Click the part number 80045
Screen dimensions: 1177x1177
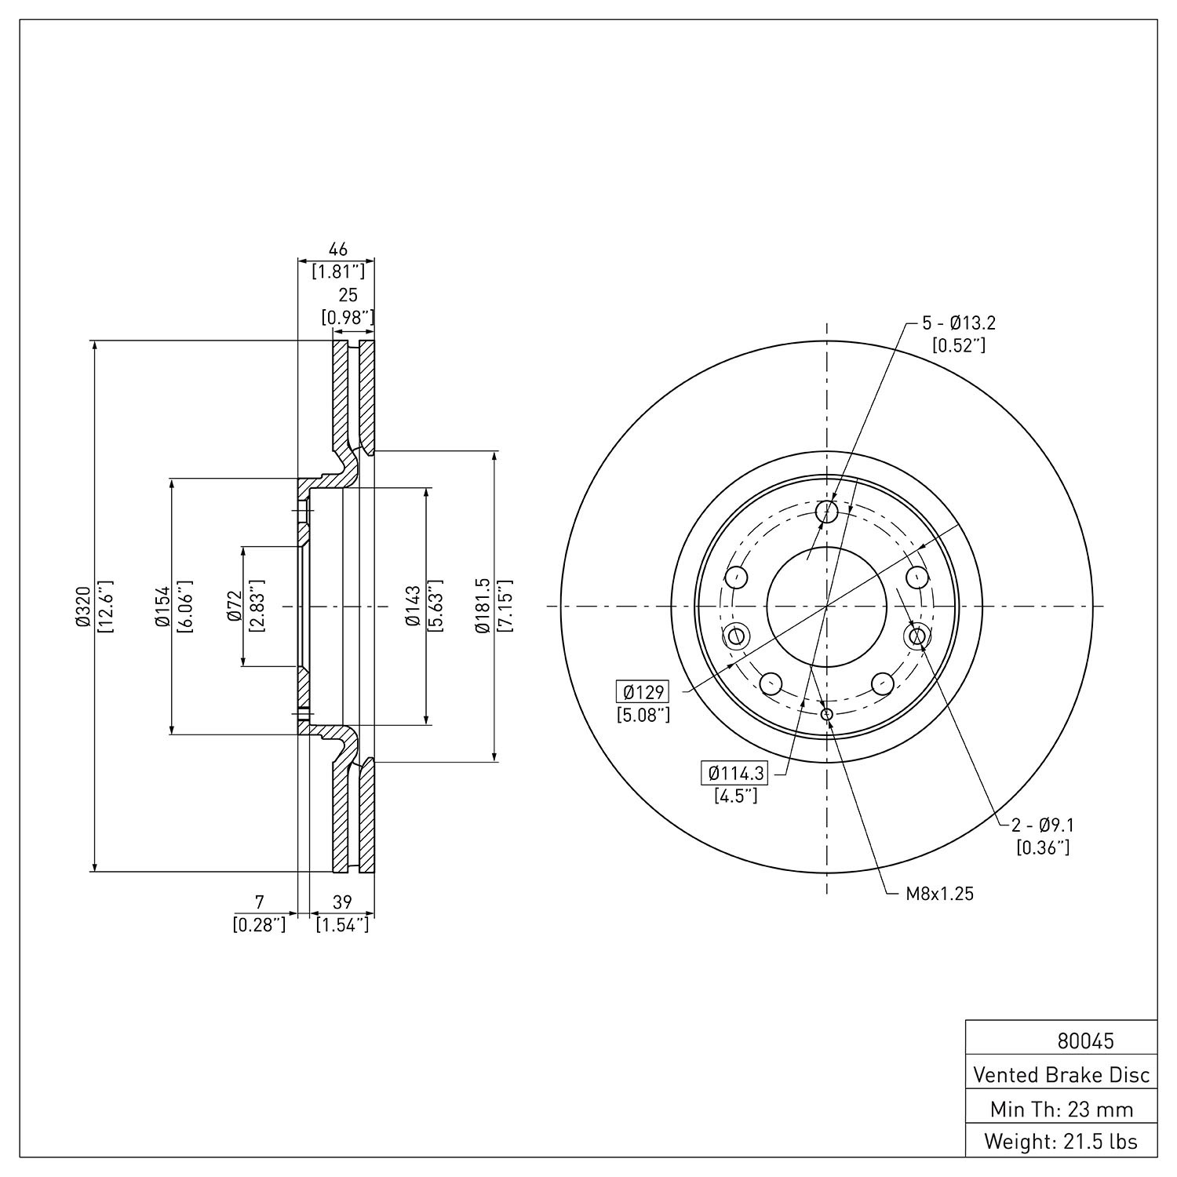pyautogui.click(x=1085, y=1040)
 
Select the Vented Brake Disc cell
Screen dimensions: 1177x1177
pyautogui.click(x=1062, y=1074)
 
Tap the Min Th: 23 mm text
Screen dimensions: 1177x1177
pyautogui.click(x=1062, y=1109)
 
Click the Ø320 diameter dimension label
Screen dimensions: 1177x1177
pyautogui.click(x=84, y=606)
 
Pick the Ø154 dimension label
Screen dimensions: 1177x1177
pyautogui.click(x=162, y=607)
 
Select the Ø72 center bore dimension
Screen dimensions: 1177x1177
pyautogui.click(x=233, y=607)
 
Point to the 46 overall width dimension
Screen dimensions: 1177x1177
pyautogui.click(x=337, y=250)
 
